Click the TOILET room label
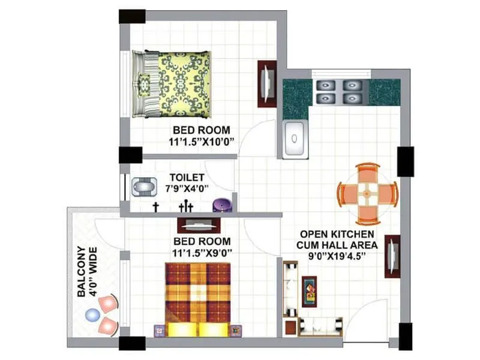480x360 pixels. [187, 178]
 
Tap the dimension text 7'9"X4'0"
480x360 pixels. [187, 189]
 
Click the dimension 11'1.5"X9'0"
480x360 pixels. [202, 253]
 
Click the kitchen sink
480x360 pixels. [295, 139]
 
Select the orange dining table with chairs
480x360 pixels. [367, 193]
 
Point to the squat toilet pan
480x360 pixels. [142, 187]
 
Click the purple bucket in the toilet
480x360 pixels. [221, 205]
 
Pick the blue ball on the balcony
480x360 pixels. [92, 314]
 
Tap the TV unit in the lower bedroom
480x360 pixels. [197, 225]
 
